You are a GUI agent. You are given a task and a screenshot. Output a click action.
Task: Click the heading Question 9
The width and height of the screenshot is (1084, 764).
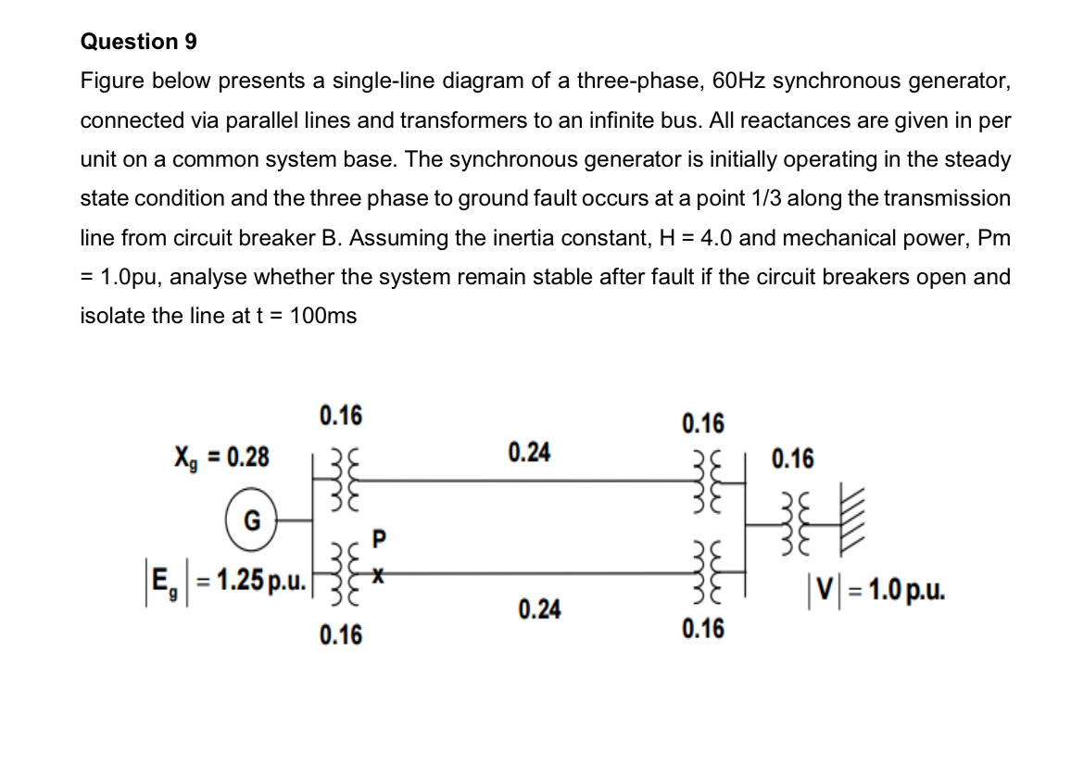(x=139, y=42)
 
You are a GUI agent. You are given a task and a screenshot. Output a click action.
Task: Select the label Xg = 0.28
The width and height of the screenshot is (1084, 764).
(x=223, y=457)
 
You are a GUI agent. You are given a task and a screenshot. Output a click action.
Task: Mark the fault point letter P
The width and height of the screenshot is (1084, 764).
(x=377, y=537)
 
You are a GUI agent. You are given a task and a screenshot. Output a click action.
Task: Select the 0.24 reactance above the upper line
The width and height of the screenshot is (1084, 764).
(x=530, y=453)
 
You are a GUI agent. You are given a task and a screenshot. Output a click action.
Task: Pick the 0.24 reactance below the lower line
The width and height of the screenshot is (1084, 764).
(x=539, y=610)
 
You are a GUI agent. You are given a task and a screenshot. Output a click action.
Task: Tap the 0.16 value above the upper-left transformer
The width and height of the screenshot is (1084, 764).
(x=341, y=416)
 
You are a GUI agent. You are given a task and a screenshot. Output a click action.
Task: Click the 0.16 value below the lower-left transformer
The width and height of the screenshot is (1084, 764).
(x=341, y=635)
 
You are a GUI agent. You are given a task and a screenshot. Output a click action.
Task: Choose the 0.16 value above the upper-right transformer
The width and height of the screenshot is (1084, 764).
(x=703, y=424)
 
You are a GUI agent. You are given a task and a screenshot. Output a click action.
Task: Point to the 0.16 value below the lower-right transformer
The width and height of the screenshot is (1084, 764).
(x=703, y=630)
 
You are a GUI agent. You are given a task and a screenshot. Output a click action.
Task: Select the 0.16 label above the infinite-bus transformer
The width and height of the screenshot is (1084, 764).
(x=793, y=458)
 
